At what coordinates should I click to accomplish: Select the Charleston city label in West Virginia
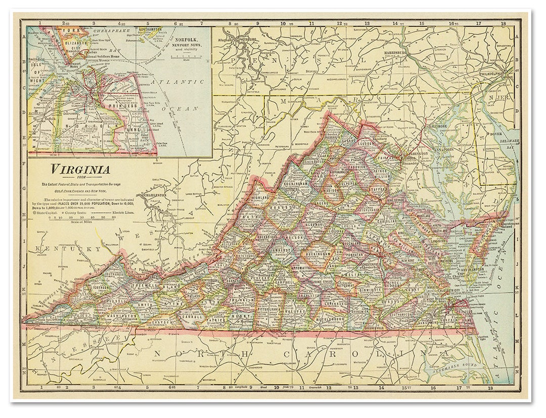[x=155, y=195]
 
